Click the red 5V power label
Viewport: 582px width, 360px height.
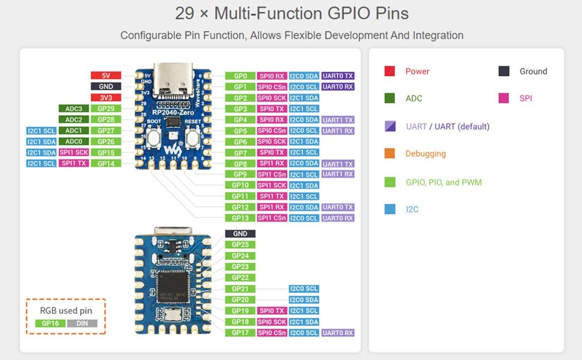point(106,76)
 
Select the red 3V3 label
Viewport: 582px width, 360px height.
point(106,98)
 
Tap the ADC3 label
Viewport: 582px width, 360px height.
point(73,109)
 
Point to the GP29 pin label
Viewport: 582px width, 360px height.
point(106,109)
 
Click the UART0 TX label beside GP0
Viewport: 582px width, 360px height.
point(338,76)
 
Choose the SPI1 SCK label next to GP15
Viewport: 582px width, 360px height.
point(73,152)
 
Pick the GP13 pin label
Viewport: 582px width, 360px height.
point(240,218)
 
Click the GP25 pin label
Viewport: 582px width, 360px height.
point(240,245)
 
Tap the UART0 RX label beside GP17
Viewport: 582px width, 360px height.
point(338,333)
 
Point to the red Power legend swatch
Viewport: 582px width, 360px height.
point(390,72)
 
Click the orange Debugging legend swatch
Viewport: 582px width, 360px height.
point(390,154)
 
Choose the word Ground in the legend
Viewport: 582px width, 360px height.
point(533,72)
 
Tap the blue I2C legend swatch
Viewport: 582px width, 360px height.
point(390,209)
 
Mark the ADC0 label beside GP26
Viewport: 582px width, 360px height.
point(73,141)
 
